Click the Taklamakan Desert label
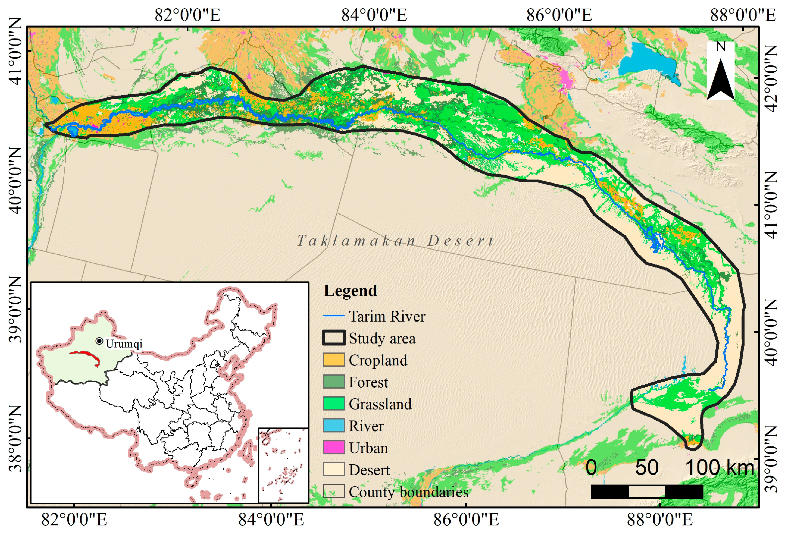point(396,241)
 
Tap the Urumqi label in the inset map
point(124,344)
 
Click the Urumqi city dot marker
point(99,341)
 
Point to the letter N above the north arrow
point(720,47)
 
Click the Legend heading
point(350,291)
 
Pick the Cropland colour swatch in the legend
point(334,360)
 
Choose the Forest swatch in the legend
point(334,382)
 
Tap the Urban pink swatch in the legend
point(334,448)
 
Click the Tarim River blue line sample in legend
point(334,316)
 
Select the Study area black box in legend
point(334,338)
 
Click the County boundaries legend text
point(408,492)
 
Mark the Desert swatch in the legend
point(334,470)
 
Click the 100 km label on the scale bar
point(720,468)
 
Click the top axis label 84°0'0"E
point(374,15)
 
